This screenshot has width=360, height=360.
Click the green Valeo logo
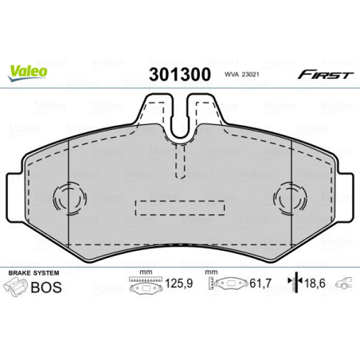point(28,71)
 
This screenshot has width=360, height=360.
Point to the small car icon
point(344,284)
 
